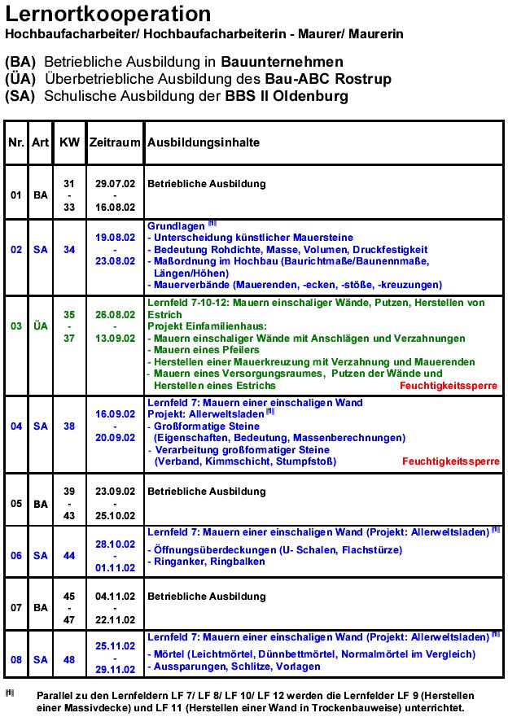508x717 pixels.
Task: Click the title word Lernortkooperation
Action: [x=107, y=14]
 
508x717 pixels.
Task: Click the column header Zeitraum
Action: [x=115, y=142]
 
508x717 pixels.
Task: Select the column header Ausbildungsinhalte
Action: [x=204, y=142]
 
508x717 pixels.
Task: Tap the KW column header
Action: [x=70, y=142]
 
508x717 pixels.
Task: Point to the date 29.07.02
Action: [x=115, y=184]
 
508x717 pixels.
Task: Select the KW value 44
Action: [x=70, y=556]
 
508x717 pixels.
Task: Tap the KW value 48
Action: [x=70, y=660]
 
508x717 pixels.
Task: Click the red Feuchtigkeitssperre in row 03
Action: [x=449, y=385]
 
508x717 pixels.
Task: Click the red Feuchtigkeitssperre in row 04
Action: [x=450, y=461]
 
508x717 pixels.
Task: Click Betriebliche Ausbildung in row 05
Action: [x=207, y=492]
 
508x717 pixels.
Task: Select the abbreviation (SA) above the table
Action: [x=20, y=96]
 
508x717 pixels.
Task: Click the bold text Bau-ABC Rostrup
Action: [x=328, y=79]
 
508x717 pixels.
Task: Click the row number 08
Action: [x=16, y=660]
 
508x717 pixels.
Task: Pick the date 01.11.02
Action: [x=115, y=567]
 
